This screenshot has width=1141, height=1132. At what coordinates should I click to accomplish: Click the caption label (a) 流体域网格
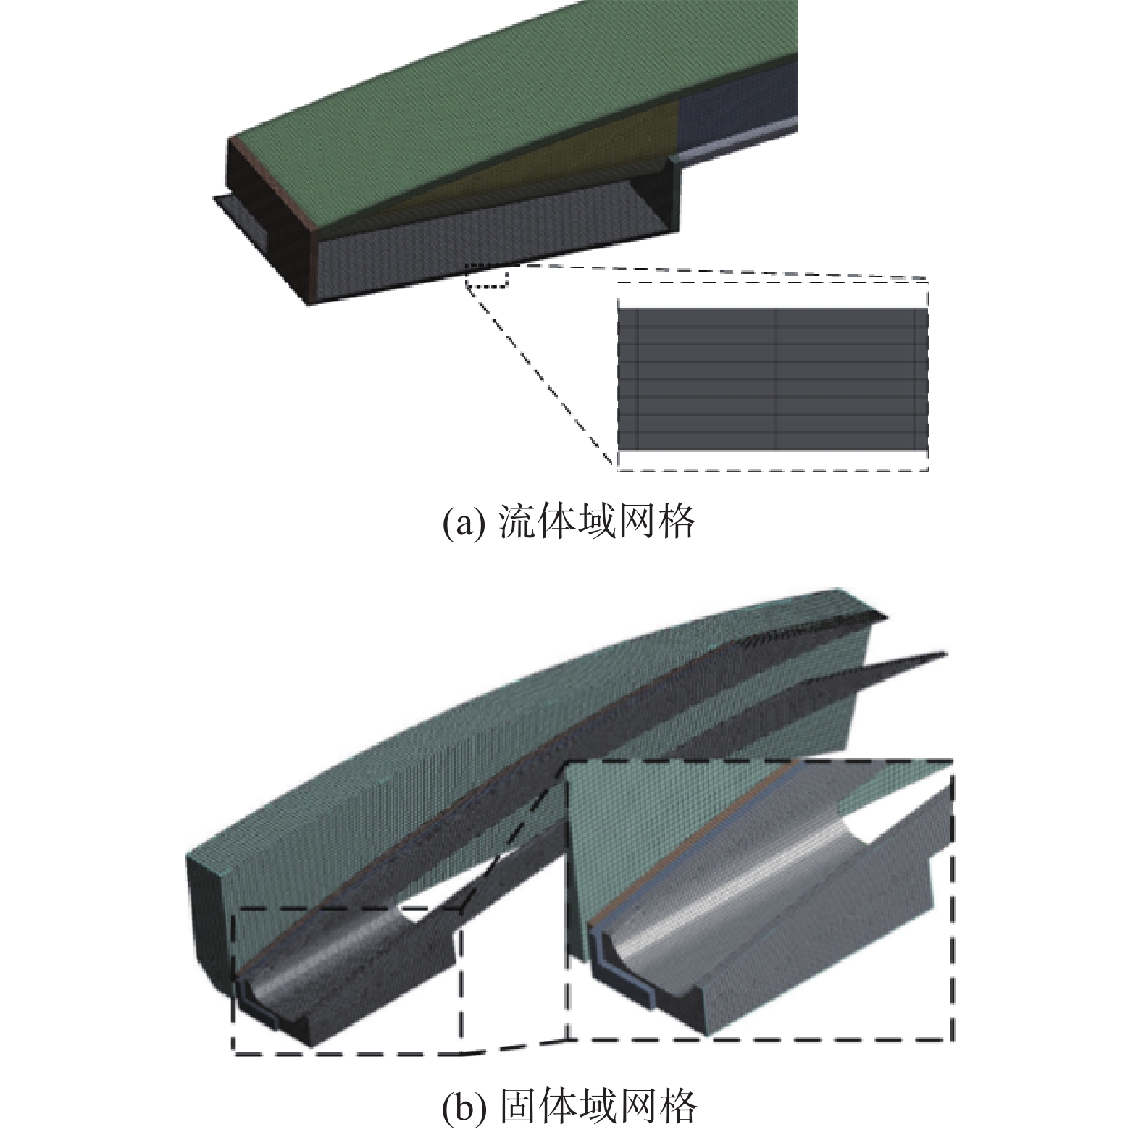(x=569, y=521)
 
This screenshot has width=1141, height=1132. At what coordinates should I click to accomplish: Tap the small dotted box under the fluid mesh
(x=487, y=276)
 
